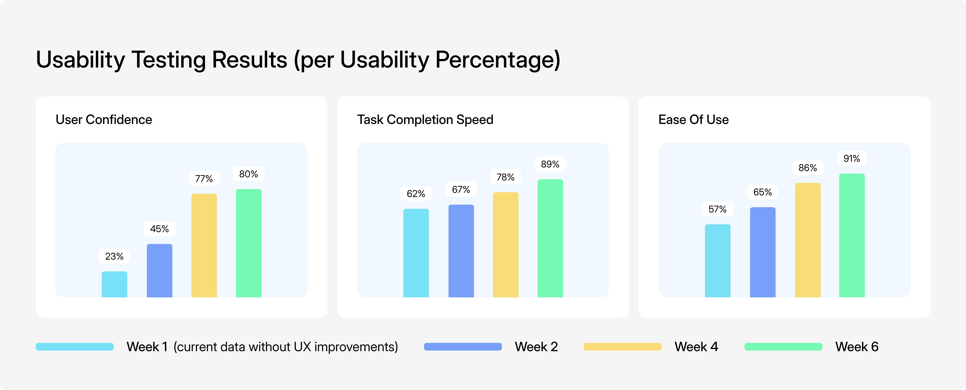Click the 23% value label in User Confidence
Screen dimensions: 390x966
point(114,256)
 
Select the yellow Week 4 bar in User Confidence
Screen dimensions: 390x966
point(204,245)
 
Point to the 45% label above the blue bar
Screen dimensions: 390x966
point(159,229)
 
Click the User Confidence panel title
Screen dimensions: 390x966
point(104,120)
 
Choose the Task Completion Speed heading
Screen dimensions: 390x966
point(425,120)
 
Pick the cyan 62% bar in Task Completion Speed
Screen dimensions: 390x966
point(416,253)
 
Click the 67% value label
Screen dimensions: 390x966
point(461,190)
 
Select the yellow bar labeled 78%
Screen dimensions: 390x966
point(506,245)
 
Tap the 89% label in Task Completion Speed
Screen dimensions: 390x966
point(550,164)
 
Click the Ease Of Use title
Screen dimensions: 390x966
point(693,120)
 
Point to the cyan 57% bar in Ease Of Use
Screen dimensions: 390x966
point(717,261)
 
